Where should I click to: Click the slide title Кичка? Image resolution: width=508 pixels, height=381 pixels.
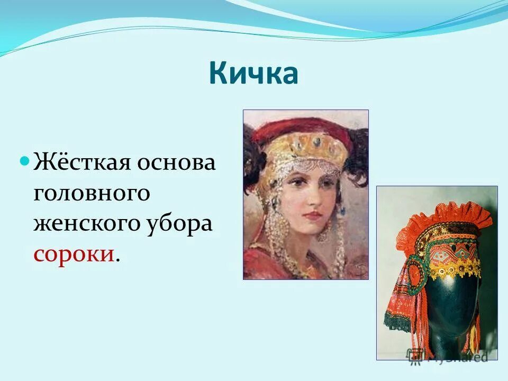(x=253, y=73)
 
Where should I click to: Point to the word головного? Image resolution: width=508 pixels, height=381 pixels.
(x=92, y=193)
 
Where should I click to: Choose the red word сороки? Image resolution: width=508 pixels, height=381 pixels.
(x=74, y=254)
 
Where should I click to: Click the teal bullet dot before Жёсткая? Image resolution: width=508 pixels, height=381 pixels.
(x=24, y=159)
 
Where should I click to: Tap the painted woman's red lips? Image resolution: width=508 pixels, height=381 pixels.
(x=313, y=215)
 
